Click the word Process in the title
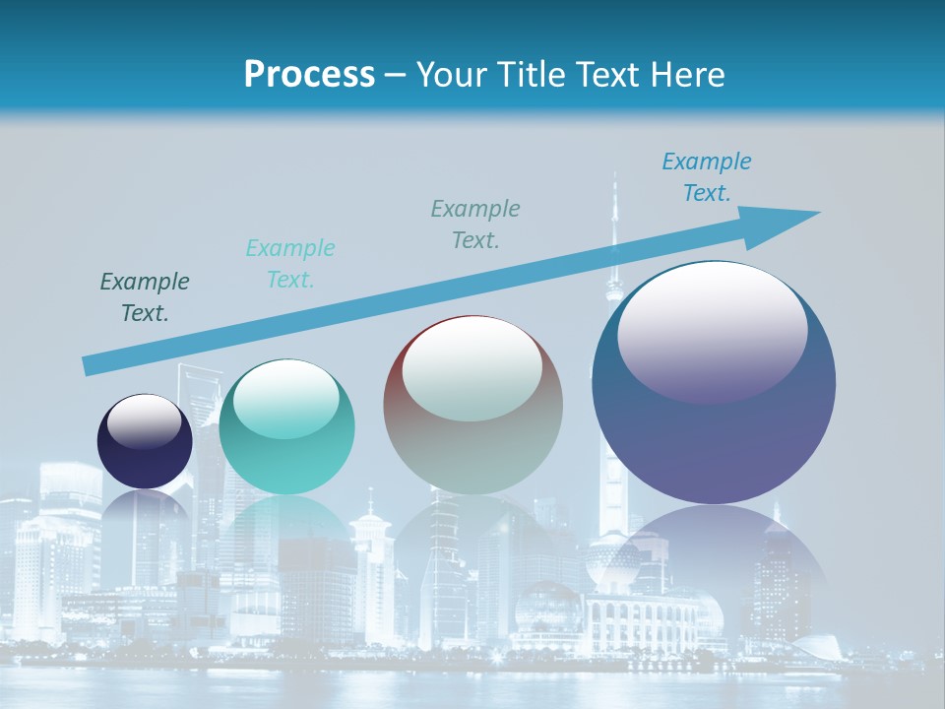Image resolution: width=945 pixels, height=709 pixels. point(309,75)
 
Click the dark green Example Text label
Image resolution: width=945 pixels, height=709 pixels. point(145,297)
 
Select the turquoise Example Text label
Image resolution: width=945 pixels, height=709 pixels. point(290,263)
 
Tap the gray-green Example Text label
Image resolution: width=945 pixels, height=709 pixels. point(475,224)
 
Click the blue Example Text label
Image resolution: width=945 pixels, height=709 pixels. point(707,176)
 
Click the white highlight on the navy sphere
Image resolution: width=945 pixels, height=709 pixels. point(145,421)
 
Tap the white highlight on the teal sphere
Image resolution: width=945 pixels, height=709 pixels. point(285,399)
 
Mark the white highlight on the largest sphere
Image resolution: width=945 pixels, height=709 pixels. point(712,330)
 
